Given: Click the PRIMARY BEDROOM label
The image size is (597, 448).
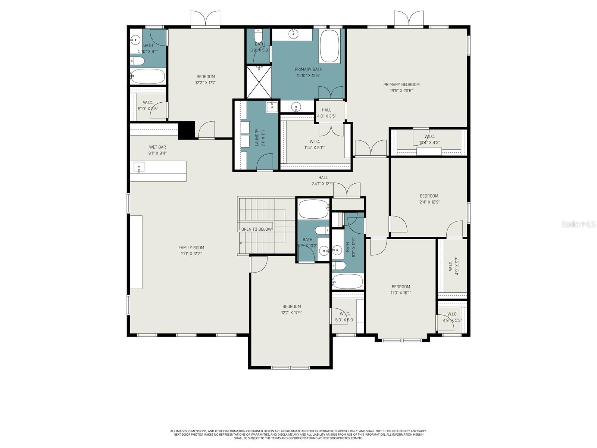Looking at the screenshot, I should [x=401, y=84].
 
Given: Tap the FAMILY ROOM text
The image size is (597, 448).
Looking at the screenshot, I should [x=191, y=248].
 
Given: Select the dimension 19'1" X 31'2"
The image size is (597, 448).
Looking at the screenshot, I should [x=191, y=254].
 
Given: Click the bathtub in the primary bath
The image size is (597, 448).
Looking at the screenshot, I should [x=329, y=46].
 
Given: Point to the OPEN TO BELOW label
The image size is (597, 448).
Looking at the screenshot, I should [x=256, y=229].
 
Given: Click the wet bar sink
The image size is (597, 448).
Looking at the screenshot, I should [x=139, y=167].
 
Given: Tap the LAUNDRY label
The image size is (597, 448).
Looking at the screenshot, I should [x=257, y=137].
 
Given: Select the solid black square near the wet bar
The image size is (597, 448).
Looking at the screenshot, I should [x=186, y=130].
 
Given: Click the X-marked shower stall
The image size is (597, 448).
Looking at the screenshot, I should [x=259, y=82].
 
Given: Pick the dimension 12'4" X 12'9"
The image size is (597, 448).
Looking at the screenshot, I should [x=429, y=202].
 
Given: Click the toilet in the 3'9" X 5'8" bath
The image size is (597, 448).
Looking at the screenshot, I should [x=258, y=36].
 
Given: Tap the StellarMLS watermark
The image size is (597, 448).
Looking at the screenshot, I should [x=577, y=224].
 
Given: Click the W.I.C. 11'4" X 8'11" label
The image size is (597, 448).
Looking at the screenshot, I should [x=315, y=144].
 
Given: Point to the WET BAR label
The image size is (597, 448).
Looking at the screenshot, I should [x=157, y=147].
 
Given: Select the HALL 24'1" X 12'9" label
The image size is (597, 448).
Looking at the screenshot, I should [x=323, y=181].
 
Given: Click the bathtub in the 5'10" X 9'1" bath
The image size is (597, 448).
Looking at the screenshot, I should [x=148, y=77].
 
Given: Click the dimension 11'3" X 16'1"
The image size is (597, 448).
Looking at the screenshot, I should [x=401, y=293].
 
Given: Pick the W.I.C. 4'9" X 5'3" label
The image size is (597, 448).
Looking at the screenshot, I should [x=452, y=317].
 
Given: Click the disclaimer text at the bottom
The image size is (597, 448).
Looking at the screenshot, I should [x=298, y=434].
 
